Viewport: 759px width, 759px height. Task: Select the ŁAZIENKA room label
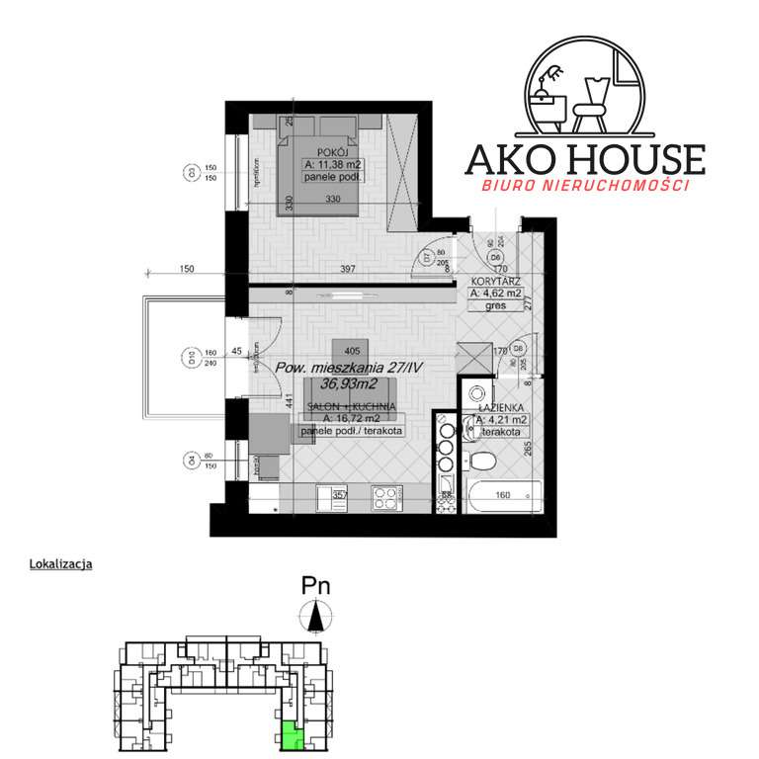pos(500,407)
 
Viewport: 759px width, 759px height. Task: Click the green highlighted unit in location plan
pos(292,734)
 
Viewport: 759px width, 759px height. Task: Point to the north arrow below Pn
pos(316,618)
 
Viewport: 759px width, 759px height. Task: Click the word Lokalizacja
pos(63,565)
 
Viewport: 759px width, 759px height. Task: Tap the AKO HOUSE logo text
pos(585,159)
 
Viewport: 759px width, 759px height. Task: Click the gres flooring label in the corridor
pos(496,305)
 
